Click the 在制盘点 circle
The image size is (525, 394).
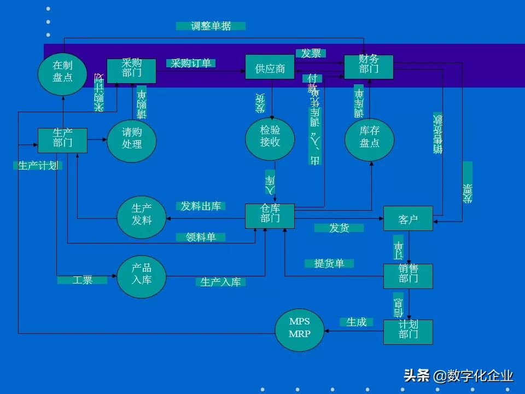[63, 71]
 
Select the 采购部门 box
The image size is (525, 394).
[131, 71]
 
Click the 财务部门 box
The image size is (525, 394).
[369, 67]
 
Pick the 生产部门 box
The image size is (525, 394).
[62, 140]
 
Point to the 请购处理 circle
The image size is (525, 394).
[132, 141]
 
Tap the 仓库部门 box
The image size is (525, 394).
[270, 216]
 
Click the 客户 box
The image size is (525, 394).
[408, 219]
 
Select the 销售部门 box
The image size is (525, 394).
[408, 276]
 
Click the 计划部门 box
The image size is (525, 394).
[408, 332]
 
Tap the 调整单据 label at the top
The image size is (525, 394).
[211, 26]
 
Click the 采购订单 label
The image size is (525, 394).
[191, 63]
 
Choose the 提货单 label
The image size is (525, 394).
[329, 264]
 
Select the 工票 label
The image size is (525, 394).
[82, 280]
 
